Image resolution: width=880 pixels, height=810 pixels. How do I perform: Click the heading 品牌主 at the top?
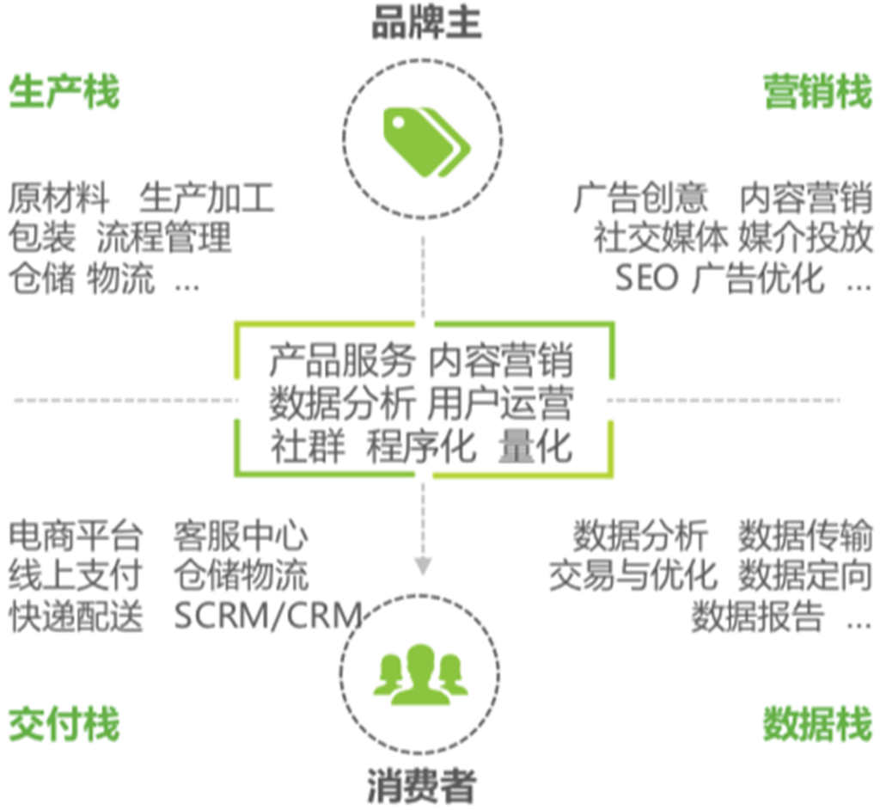(x=426, y=24)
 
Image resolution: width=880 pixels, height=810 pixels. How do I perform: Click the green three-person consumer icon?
(x=420, y=675)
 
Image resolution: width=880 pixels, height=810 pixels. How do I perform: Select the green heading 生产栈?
(x=64, y=92)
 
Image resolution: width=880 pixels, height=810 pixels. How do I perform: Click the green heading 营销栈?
(x=817, y=92)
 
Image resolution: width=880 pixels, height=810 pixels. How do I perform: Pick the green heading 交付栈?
(x=64, y=725)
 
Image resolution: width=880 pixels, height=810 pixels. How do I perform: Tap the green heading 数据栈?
(x=817, y=725)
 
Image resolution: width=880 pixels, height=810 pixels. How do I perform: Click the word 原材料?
(x=59, y=199)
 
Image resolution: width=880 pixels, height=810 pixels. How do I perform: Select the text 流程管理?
(x=163, y=237)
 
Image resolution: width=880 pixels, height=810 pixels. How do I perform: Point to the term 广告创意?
(x=641, y=199)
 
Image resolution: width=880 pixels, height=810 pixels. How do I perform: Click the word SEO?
(x=646, y=278)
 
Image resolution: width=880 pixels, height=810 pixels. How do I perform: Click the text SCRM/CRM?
(x=267, y=616)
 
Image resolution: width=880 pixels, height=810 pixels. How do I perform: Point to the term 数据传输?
(x=805, y=536)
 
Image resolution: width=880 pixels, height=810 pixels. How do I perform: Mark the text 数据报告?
(x=757, y=616)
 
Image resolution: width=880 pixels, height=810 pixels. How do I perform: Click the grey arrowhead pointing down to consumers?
(x=422, y=565)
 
